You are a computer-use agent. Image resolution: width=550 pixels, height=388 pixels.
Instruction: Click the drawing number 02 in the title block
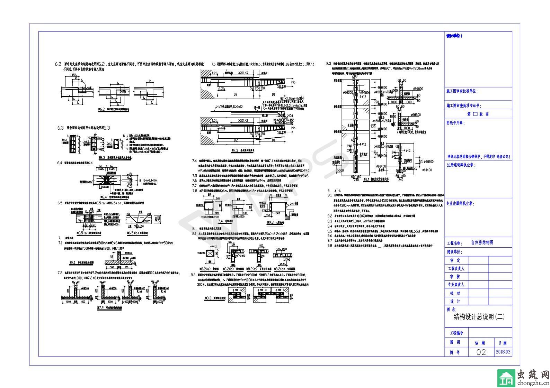coord(481,352)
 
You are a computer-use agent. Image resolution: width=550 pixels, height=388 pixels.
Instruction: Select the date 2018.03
coord(503,352)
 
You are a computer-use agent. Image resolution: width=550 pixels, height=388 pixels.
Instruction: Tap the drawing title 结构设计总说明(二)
coord(479,316)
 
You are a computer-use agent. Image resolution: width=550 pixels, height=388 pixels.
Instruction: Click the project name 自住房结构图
coord(482,243)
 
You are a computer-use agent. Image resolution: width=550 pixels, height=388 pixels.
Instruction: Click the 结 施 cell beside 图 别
coord(480,343)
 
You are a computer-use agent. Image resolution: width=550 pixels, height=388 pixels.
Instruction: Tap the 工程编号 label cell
coord(456,333)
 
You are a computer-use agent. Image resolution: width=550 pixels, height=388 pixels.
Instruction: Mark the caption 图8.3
coord(215,298)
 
